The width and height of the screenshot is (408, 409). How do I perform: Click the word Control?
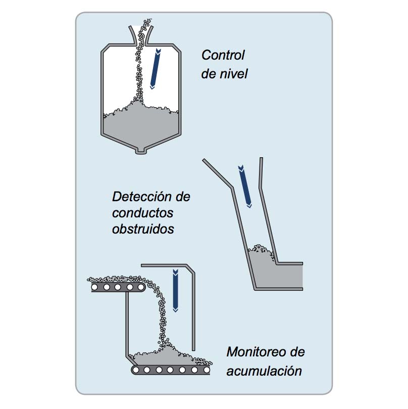[223, 55]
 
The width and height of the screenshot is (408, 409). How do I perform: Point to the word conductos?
[142, 212]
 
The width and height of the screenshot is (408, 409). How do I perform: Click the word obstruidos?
[142, 229]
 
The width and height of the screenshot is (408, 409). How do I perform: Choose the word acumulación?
[264, 371]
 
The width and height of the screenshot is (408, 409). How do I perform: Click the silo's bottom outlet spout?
[141, 150]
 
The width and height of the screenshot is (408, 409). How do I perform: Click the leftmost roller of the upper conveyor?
[95, 287]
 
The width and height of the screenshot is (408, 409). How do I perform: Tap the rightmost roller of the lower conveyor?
[204, 371]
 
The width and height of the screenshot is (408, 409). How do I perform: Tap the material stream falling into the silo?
[140, 66]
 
